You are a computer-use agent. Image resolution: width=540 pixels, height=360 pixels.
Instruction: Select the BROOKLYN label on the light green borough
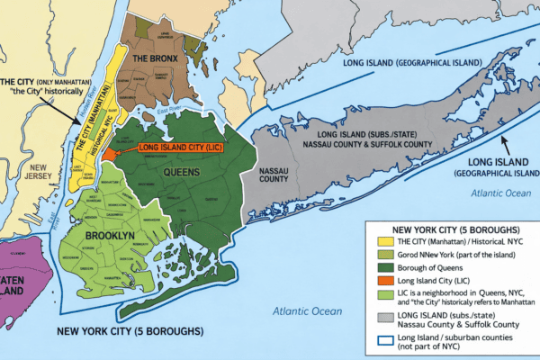pyautogui.click(x=109, y=235)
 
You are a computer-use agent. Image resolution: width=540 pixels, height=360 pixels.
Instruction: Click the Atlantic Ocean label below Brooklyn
pyautogui.click(x=307, y=311)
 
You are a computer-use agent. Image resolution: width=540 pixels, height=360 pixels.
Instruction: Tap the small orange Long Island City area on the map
pyautogui.click(x=109, y=153)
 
